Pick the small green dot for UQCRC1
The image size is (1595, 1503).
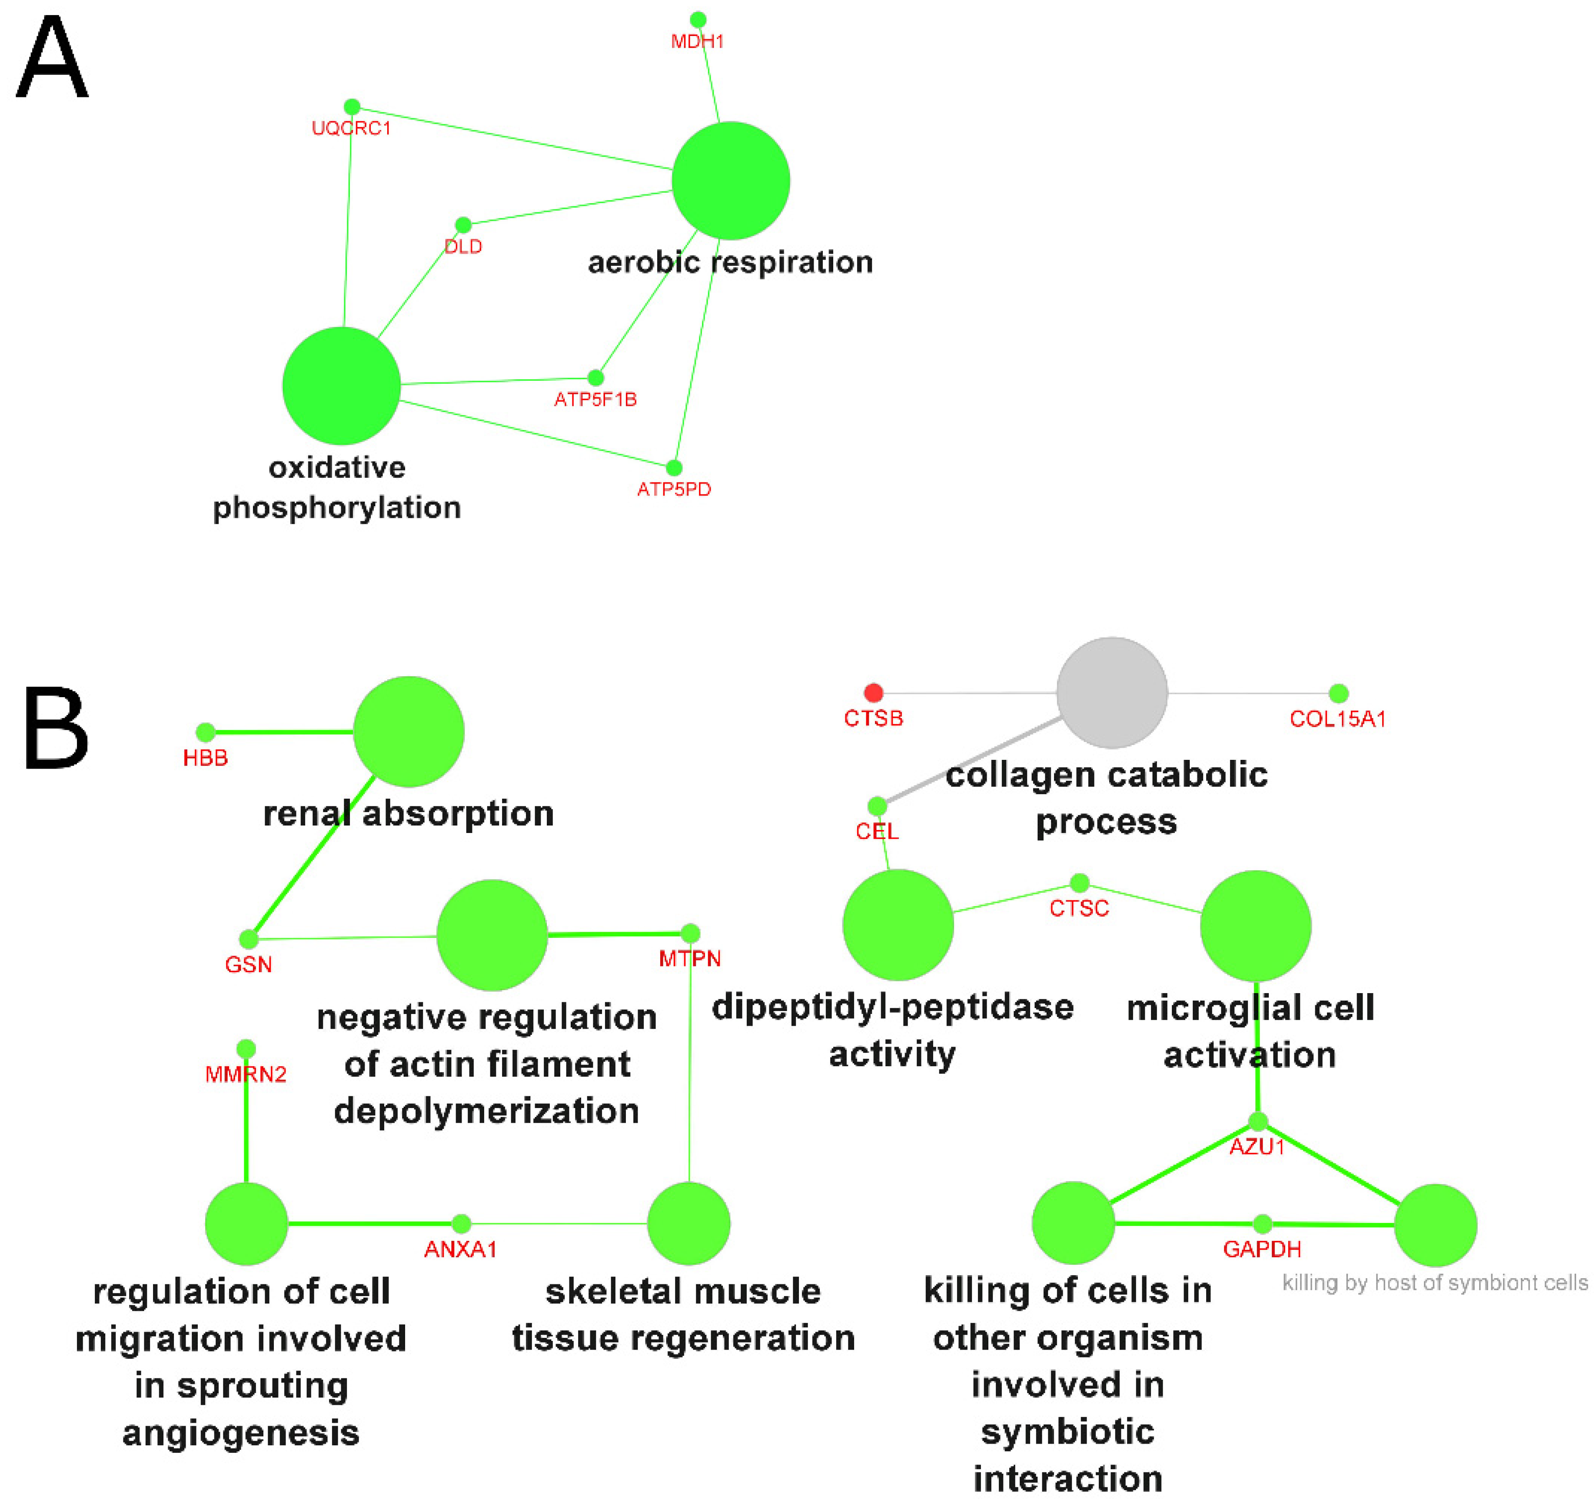click(352, 107)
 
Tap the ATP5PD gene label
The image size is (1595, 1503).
click(674, 489)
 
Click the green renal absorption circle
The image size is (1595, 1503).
click(408, 731)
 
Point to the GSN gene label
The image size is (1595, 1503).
click(248, 964)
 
